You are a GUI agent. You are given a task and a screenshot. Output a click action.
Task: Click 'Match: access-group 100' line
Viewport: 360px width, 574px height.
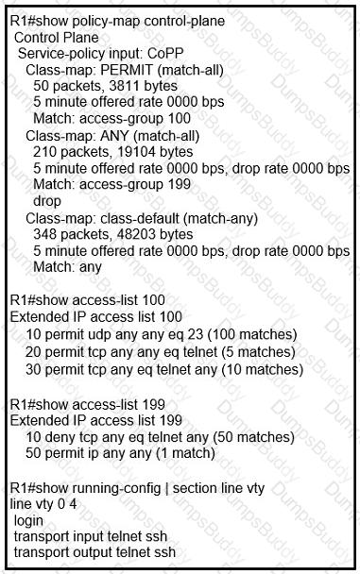click(111, 118)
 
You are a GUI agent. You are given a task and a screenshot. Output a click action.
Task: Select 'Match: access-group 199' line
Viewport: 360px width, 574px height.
click(111, 184)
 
